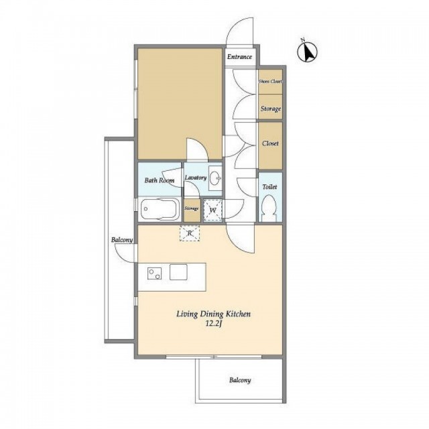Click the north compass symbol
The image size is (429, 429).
coord(307,52)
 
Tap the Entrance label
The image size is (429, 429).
coord(239,57)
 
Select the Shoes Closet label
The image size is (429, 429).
coord(270,81)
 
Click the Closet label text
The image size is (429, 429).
coord(270,143)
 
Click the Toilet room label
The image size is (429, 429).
coord(269,187)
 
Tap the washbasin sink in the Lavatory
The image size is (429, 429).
coord(215,178)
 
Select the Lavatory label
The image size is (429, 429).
coord(196,178)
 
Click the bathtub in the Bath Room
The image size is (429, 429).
coord(160,208)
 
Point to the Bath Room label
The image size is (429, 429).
coord(160,180)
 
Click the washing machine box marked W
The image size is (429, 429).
coord(212,210)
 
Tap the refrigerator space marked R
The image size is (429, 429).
coord(190,233)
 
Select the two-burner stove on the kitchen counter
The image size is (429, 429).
coord(154,273)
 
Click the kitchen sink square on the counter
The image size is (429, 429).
coord(178,272)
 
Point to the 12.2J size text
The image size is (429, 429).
coord(213,324)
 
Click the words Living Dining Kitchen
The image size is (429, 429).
coord(213,314)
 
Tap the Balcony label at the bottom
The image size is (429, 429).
coord(240,380)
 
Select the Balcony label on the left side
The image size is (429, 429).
coord(122,240)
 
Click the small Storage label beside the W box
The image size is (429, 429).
coord(192,208)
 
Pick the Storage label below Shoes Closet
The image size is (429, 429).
coord(271,109)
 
